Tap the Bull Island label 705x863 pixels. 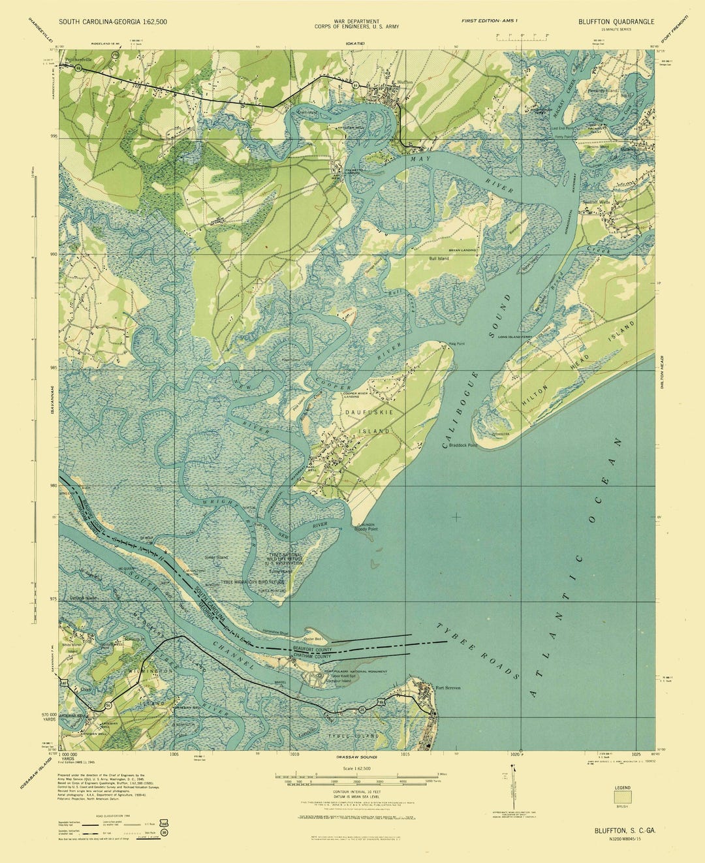point(439,259)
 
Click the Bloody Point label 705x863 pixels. point(366,529)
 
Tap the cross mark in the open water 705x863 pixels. point(456,517)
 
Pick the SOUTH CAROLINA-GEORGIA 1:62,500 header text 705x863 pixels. point(112,22)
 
